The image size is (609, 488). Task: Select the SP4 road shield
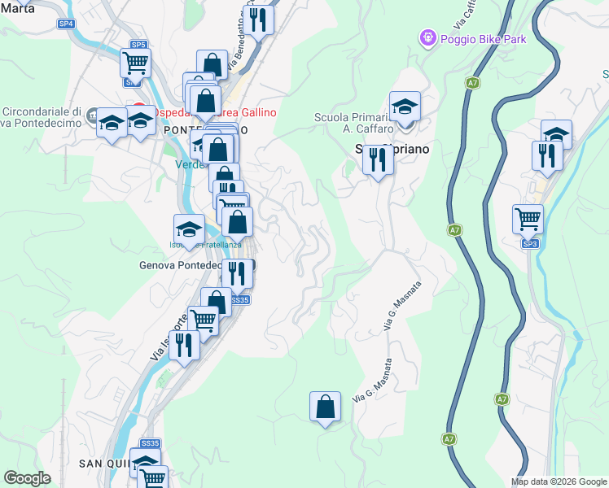tap(66, 24)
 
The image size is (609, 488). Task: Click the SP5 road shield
tap(138, 45)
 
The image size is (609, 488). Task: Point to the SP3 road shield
tap(530, 243)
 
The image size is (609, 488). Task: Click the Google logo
tap(28, 478)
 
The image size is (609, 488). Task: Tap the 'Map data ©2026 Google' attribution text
tap(558, 481)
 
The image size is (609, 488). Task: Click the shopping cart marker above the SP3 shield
tap(528, 218)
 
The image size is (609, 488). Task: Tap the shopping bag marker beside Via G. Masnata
tap(325, 405)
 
